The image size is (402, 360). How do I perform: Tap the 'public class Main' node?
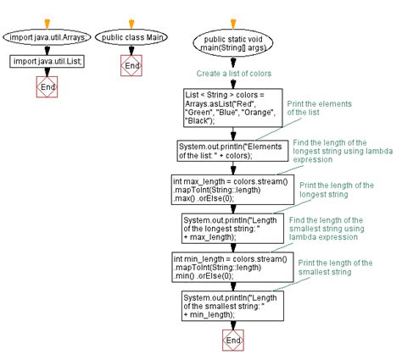coord(132,38)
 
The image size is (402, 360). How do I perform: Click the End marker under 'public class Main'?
coord(132,64)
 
